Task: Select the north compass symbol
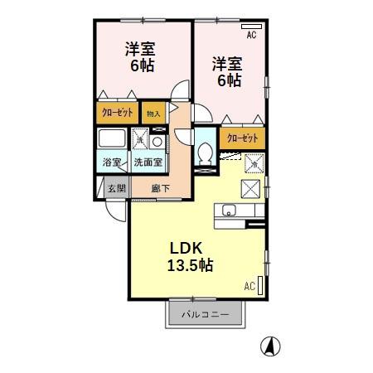(270, 346)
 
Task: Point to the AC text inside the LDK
(249, 287)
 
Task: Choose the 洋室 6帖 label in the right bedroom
(225, 72)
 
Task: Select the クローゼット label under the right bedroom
(242, 137)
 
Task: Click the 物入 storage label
(153, 112)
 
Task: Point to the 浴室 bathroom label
(111, 162)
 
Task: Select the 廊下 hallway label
(161, 187)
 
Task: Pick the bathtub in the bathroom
(112, 138)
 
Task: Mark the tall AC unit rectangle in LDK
(261, 287)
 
